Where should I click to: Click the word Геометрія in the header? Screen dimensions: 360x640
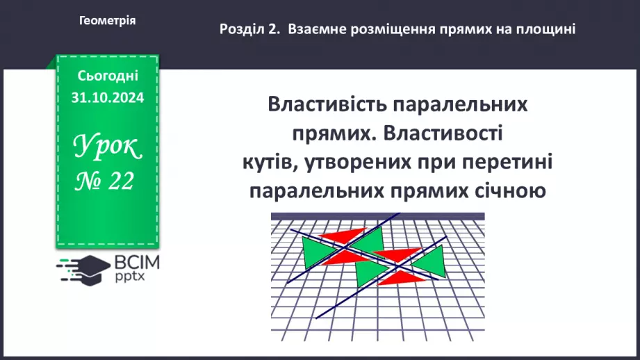click(x=108, y=21)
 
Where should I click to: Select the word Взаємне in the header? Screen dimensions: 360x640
click(x=315, y=29)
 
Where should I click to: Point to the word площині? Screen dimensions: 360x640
click(x=548, y=29)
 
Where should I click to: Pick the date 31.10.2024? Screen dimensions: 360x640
click(x=108, y=98)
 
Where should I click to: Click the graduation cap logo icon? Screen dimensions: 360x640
click(x=81, y=268)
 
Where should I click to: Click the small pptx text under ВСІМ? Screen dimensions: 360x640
click(x=129, y=277)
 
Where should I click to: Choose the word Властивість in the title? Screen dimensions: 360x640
click(x=322, y=106)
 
